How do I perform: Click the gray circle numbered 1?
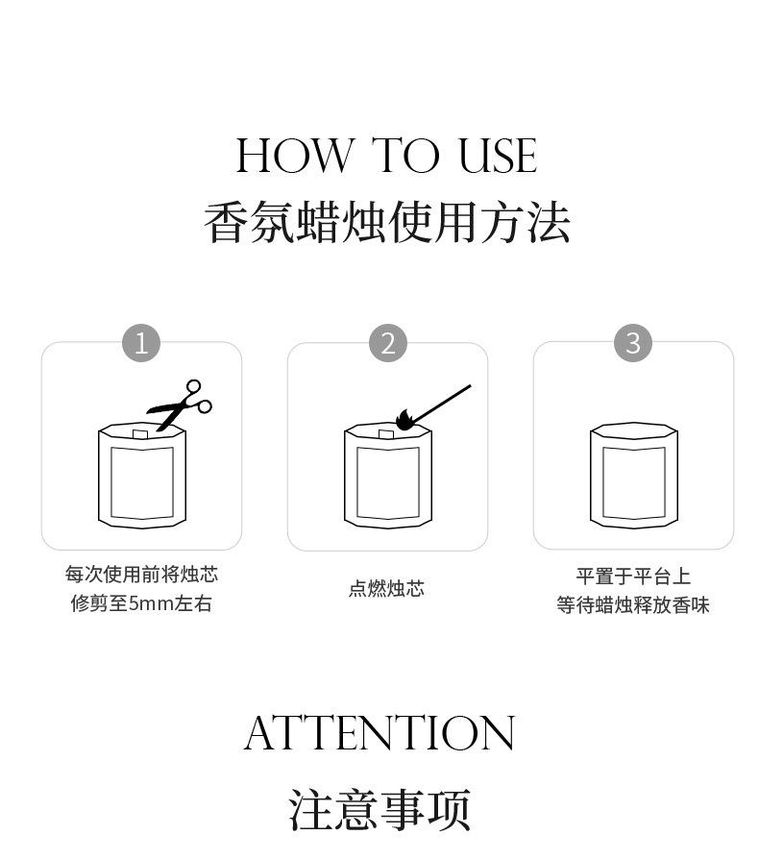point(141,343)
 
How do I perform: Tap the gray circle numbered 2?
point(388,343)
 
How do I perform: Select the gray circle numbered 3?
point(633,343)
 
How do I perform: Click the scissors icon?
point(179,405)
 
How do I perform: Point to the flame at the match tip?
point(404,420)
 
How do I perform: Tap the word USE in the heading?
point(498,156)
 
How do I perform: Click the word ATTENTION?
point(379,733)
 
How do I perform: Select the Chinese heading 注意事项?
point(379,810)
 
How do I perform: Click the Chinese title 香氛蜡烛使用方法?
point(386,222)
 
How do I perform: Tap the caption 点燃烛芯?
point(386,588)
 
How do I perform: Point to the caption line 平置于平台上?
point(633,577)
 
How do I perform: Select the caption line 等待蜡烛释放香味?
point(633,605)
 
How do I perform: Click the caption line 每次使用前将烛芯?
point(141,575)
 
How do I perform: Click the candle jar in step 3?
point(633,476)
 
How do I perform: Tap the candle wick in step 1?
point(139,434)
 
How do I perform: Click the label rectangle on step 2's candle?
point(388,482)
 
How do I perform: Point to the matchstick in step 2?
point(441,405)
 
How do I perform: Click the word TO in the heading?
point(406,156)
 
